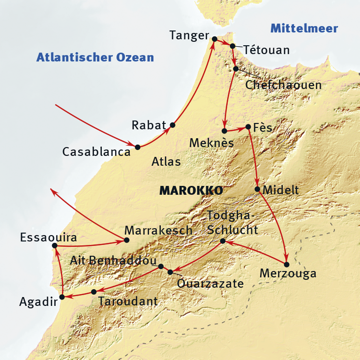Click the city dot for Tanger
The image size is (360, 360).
pyautogui.click(x=214, y=39)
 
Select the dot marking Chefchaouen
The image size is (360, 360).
pyautogui.click(x=236, y=69)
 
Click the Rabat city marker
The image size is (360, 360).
pyautogui.click(x=172, y=125)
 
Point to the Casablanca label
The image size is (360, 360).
pyautogui.click(x=96, y=152)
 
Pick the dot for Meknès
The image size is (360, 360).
pyautogui.click(x=224, y=131)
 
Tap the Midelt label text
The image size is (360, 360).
pyautogui.click(x=281, y=190)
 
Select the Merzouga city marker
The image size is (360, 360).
pyautogui.click(x=287, y=264)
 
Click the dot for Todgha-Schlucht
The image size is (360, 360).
pyautogui.click(x=223, y=241)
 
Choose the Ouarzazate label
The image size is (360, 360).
pyautogui.click(x=210, y=284)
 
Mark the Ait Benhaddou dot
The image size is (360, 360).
pyautogui.click(x=161, y=266)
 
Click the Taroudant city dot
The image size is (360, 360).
pyautogui.click(x=94, y=292)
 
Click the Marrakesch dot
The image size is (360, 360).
pyautogui.click(x=127, y=240)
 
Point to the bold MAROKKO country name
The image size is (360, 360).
pyautogui.click(x=191, y=191)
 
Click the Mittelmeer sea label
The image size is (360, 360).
pyautogui.click(x=304, y=29)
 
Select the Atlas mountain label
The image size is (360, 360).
pyautogui.click(x=166, y=161)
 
